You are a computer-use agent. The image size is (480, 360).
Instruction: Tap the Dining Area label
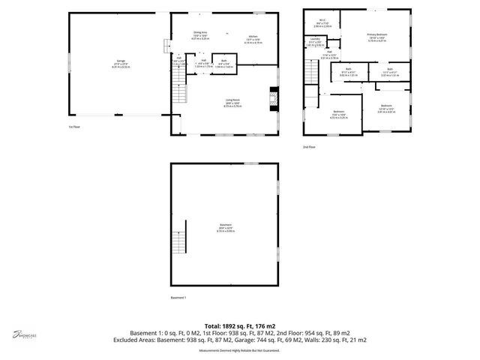pyautogui.click(x=199, y=34)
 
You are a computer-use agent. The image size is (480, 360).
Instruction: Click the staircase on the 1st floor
pyautogui.click(x=178, y=92)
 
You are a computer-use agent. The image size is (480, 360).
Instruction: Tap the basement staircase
pyautogui.click(x=178, y=240)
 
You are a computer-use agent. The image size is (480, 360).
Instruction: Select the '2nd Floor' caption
pyautogui.click(x=310, y=147)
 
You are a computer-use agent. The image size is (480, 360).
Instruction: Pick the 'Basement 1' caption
pyautogui.click(x=178, y=298)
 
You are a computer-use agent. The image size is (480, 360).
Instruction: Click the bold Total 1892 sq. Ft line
pyautogui.click(x=239, y=326)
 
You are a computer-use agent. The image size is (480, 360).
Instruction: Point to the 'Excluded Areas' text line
pyautogui.click(x=239, y=340)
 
